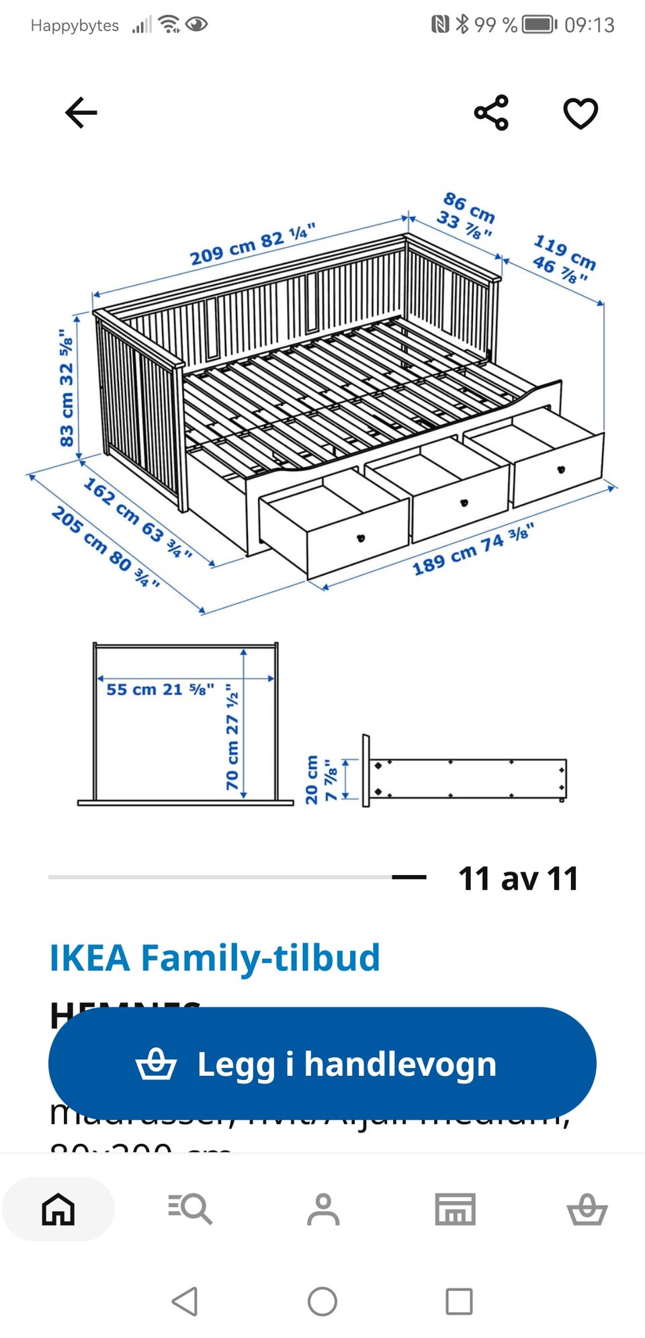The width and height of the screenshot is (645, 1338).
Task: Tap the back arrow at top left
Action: point(81,112)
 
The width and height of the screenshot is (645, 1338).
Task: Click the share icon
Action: point(492,112)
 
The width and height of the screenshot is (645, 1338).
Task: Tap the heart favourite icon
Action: point(580,112)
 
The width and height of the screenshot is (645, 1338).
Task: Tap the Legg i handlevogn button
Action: point(322,1064)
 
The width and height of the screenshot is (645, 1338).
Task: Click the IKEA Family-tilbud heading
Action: point(215,958)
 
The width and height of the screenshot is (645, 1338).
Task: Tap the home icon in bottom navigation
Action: point(58,1209)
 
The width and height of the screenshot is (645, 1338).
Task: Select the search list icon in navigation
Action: point(190,1209)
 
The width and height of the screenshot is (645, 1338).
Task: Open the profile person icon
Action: point(323,1209)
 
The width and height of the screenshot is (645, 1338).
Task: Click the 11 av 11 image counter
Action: point(518,878)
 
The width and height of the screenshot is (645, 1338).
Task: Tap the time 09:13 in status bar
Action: point(589,26)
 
